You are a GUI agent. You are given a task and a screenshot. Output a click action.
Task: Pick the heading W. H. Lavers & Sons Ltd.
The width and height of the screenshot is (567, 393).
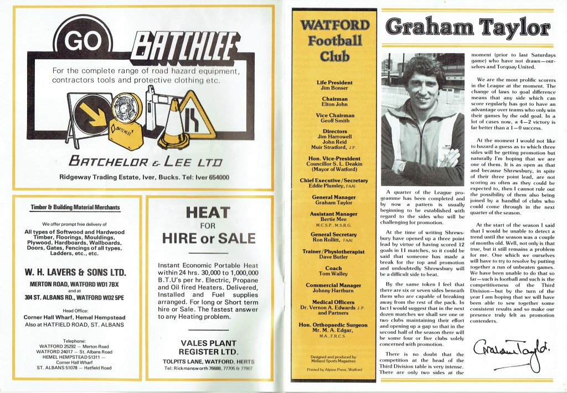[76, 273]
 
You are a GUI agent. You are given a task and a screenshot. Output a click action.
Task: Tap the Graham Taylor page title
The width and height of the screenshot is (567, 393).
[468, 26]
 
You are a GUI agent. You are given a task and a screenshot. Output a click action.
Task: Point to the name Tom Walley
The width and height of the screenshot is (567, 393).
[334, 273]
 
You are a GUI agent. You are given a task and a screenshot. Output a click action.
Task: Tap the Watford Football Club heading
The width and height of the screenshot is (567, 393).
[334, 40]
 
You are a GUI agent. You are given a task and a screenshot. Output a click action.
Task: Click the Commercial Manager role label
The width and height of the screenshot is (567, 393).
[334, 286]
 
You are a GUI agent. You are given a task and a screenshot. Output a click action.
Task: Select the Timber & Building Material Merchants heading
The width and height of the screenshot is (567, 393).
[76, 208]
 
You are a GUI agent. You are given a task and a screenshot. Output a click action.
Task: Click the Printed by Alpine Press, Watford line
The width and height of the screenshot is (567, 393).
[334, 369]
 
